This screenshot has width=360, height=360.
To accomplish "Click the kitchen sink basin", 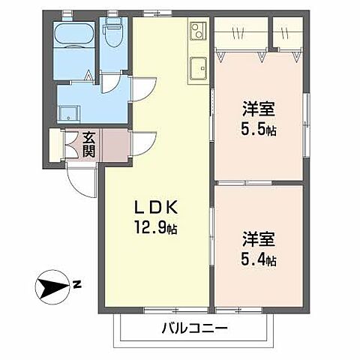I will (199, 67).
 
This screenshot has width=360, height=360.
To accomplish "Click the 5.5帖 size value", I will (259, 130).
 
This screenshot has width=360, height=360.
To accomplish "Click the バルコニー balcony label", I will (193, 328).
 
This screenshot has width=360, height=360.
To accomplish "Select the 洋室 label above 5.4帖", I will (258, 240).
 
